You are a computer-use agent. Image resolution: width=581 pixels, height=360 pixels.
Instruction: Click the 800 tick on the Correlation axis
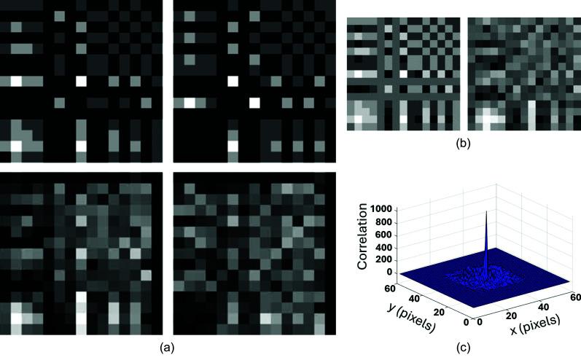point(386,222)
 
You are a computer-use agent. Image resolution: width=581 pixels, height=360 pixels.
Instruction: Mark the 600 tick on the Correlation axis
point(386,235)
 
